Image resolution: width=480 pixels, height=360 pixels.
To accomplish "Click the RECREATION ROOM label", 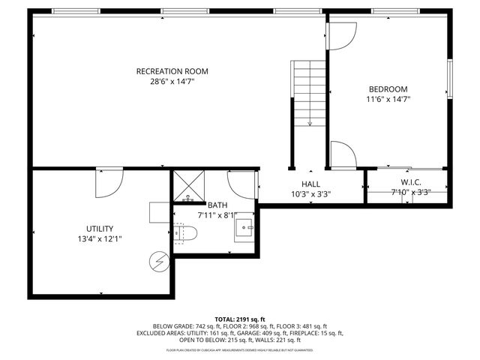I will (172, 71).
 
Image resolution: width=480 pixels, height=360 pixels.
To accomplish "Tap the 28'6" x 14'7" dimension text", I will (172, 82).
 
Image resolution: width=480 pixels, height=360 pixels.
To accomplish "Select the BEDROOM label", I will (388, 87).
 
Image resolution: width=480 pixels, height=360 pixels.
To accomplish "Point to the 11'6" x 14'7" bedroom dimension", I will (388, 98).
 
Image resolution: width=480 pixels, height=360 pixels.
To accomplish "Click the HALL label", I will (310, 183).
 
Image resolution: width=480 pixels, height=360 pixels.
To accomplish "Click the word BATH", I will (217, 205).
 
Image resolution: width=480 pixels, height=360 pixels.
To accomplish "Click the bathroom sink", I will (244, 226).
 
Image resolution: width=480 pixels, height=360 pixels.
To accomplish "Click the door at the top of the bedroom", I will (342, 34).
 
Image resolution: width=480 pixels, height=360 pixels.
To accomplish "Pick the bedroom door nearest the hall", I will (343, 156).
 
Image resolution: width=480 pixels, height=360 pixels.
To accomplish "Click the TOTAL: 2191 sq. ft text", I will (240, 319).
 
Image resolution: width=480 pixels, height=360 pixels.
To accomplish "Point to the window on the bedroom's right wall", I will (449, 77).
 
